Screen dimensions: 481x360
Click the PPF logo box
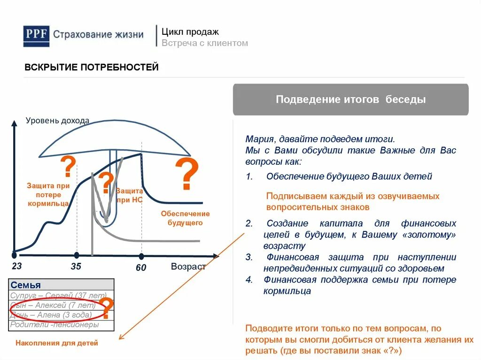point(36,36)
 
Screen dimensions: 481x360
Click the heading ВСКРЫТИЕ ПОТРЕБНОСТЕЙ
point(92,68)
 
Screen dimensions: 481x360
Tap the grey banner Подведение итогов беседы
point(350,100)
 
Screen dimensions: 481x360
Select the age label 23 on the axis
point(17,267)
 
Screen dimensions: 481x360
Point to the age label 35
point(76,267)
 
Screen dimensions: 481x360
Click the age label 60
point(141,268)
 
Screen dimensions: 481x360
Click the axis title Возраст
point(188,267)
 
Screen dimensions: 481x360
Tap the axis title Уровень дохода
point(57,121)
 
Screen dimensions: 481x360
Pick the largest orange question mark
point(187,174)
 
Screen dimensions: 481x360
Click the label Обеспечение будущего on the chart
point(185,218)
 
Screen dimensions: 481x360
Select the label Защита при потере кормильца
point(48,194)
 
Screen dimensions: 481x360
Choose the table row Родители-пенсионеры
point(55,324)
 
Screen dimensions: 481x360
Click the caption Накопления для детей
point(57,343)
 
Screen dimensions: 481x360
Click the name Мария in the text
point(260,139)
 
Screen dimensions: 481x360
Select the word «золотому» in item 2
point(433,235)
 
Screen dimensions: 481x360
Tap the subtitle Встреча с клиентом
point(205,43)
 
